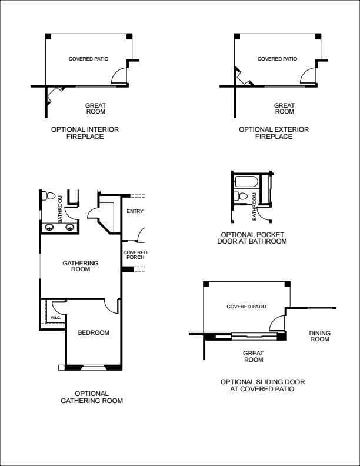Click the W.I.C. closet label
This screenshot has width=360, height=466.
[x=55, y=318]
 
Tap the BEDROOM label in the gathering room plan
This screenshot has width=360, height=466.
[x=94, y=332]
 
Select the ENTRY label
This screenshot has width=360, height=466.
[x=135, y=211]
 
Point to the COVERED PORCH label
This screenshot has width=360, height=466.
[x=135, y=255]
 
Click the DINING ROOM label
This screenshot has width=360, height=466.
[x=320, y=336]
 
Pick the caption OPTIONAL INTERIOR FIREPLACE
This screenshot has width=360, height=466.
[x=85, y=133]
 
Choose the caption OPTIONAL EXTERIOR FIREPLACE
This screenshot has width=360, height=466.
[x=274, y=133]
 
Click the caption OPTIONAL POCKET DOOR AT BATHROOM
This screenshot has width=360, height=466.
[x=252, y=238]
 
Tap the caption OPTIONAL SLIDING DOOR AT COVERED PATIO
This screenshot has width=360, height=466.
[x=262, y=385]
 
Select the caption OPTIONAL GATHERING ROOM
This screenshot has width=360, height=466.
[x=92, y=397]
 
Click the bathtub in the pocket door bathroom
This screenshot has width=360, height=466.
[x=246, y=182]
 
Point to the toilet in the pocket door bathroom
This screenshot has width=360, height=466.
[x=241, y=196]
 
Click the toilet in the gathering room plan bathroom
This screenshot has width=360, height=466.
[x=49, y=196]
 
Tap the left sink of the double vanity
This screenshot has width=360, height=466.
[x=49, y=227]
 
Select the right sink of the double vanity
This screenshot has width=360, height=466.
[x=69, y=227]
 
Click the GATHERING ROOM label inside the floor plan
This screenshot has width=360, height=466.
[x=81, y=266]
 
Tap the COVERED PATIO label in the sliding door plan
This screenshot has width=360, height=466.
[x=246, y=307]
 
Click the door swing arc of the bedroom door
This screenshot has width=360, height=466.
[x=109, y=309]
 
